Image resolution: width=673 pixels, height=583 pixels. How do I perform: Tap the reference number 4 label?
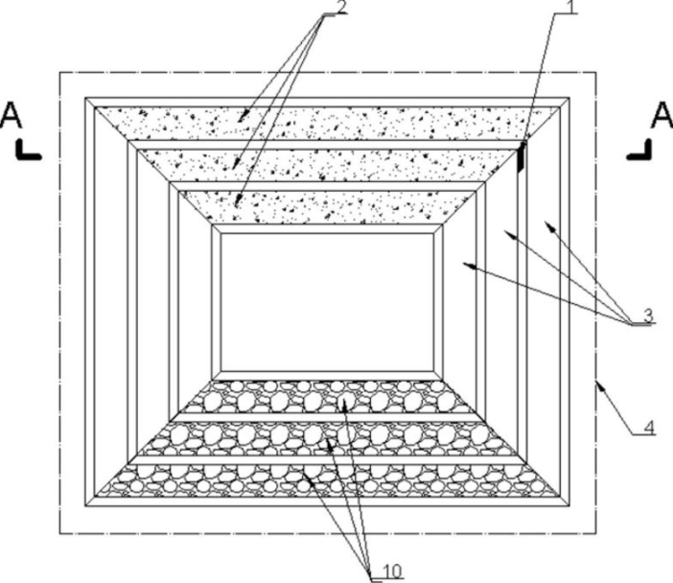(x=649, y=428)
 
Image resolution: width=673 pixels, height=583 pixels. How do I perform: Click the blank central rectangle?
(x=329, y=302)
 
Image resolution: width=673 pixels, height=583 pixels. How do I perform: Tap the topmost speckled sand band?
(x=326, y=123)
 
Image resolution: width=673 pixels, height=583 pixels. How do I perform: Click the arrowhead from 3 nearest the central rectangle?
(x=462, y=266)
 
